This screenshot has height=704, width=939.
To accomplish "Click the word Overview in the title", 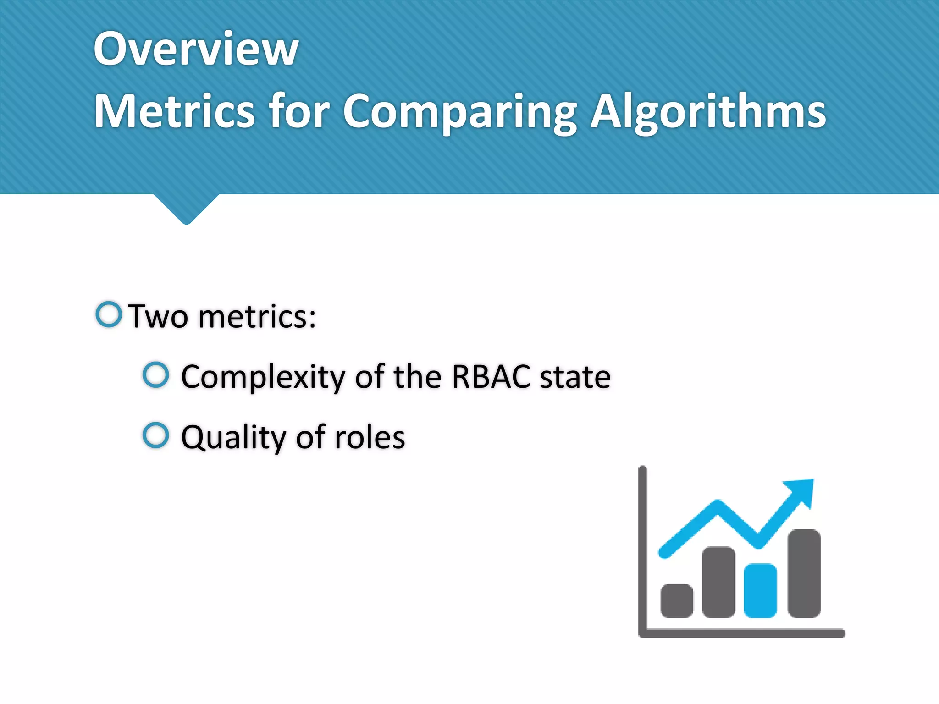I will point(196,49).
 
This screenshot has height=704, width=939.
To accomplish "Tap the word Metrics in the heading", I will point(174,111).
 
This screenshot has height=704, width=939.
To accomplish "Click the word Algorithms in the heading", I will point(708,111).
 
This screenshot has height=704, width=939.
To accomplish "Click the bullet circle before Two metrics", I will point(109,314).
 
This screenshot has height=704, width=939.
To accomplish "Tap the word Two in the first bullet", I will point(158,316).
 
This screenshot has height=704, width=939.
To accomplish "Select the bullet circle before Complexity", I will point(156,374).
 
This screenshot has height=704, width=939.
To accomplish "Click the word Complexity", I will point(263,377).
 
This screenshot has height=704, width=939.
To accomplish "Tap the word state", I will point(575,377).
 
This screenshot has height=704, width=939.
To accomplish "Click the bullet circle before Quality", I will point(156,435).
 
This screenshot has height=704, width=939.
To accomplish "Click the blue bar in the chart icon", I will point(760,591).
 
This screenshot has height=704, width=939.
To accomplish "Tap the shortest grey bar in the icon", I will point(677,601).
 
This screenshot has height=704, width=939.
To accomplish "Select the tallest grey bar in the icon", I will point(804,573).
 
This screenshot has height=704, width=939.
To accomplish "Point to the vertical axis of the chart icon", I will point(642,550).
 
